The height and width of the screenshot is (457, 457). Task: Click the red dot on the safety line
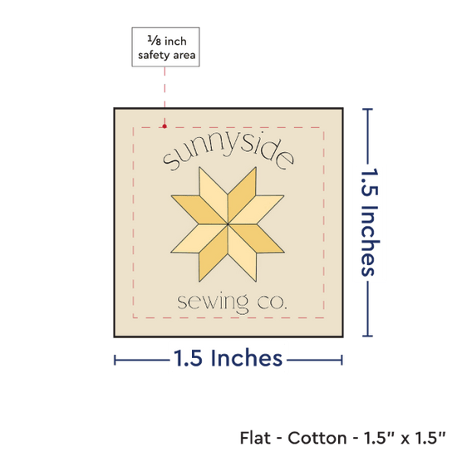[165, 126]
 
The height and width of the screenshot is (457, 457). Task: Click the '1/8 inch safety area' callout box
[165, 47]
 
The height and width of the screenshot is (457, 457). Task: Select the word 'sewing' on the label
[213, 303]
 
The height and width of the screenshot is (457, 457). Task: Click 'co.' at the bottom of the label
[273, 302]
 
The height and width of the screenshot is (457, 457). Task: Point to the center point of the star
[228, 224]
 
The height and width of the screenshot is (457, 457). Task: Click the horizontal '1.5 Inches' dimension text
[228, 358]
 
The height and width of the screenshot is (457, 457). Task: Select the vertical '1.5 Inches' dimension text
[370, 222]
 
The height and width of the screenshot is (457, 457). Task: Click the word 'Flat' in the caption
[255, 438]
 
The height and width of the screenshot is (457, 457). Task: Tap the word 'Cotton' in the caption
[317, 438]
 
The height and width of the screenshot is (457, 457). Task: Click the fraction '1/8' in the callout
[155, 41]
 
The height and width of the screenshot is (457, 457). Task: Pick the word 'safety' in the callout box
[154, 56]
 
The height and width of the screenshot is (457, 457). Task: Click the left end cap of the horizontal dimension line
[115, 361]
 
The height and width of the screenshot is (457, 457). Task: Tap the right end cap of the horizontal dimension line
[342, 361]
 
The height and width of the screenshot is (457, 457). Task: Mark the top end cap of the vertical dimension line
[367, 110]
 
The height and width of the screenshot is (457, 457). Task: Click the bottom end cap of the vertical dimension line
[367, 336]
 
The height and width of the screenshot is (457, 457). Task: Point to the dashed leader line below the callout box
[165, 96]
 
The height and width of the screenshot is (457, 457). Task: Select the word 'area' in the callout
[184, 55]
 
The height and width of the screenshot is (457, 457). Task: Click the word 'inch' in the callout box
[175, 42]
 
